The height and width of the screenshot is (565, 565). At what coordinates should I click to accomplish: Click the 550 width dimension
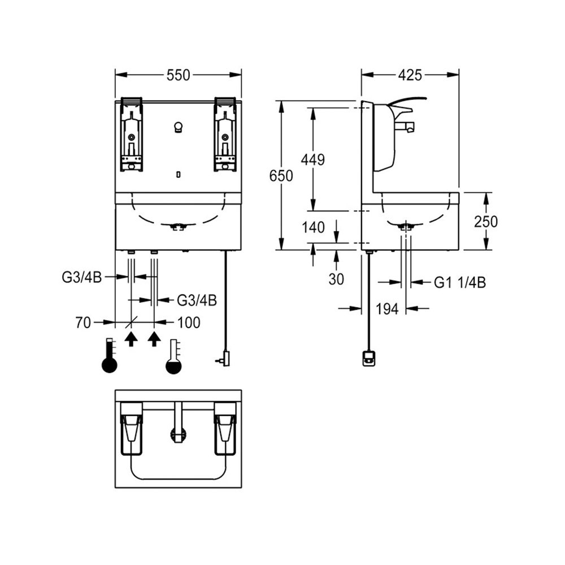click(179, 75)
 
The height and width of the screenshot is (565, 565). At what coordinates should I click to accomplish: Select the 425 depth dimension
click(410, 75)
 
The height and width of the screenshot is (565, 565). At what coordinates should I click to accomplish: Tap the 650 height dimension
click(281, 176)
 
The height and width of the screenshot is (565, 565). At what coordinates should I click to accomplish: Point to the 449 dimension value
click(312, 159)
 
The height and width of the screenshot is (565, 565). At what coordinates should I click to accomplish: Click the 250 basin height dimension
click(486, 221)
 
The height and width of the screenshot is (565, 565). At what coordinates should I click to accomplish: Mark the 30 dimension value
click(336, 279)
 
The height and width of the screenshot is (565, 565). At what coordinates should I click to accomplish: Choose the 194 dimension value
click(388, 308)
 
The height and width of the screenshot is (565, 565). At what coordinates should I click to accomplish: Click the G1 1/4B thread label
click(460, 282)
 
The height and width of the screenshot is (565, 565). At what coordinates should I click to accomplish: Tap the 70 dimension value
click(84, 323)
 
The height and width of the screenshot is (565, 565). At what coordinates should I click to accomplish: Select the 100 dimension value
click(189, 323)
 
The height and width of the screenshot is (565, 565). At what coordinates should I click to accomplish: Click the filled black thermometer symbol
click(109, 356)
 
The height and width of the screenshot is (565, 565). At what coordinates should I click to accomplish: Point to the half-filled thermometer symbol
click(174, 357)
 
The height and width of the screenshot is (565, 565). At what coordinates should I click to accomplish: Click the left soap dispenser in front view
click(131, 134)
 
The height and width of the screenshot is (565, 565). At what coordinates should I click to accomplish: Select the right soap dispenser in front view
click(225, 134)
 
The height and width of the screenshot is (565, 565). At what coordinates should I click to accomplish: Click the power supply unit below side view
click(368, 358)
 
